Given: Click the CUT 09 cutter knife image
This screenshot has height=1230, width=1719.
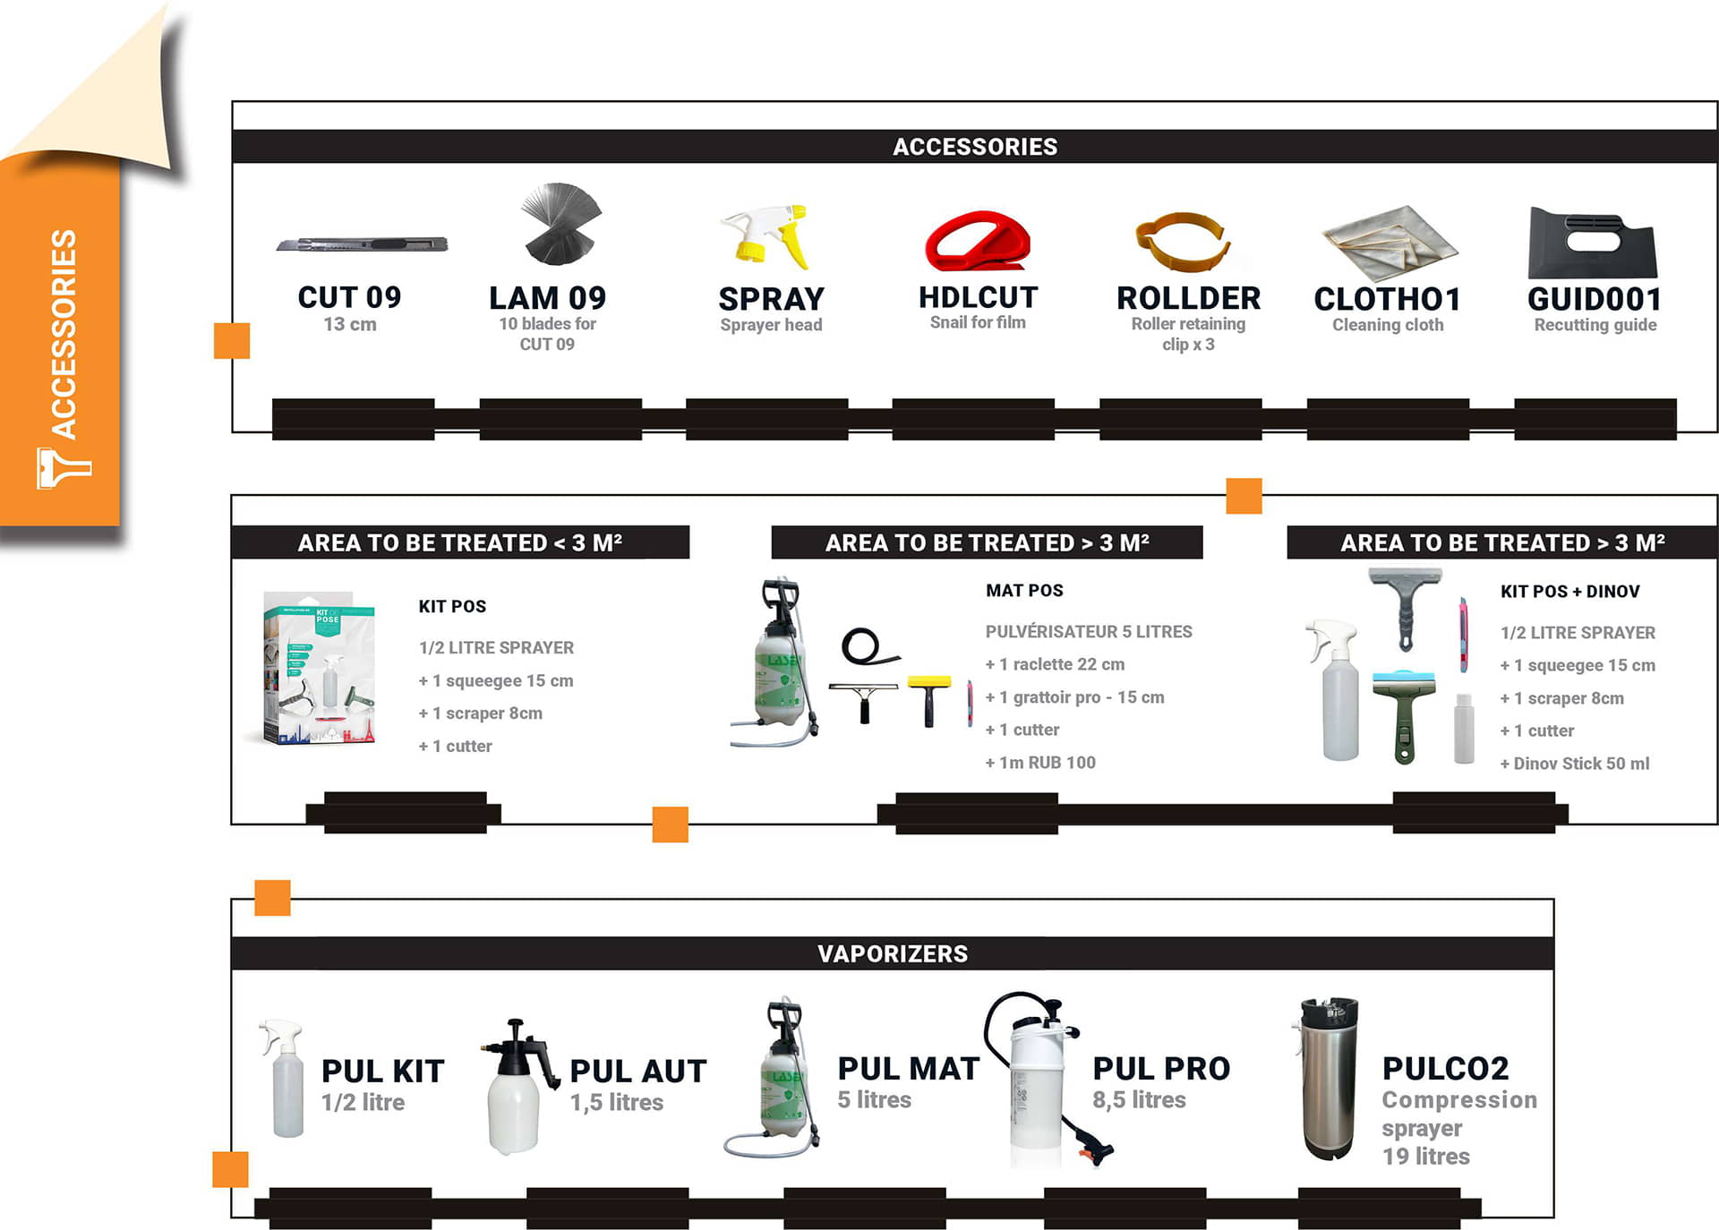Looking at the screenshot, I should point(362,243).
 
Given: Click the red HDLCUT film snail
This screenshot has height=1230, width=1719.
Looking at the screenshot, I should point(978,241).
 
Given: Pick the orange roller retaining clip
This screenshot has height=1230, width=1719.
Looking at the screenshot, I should point(1182,240).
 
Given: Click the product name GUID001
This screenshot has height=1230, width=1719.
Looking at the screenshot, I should point(1595,299).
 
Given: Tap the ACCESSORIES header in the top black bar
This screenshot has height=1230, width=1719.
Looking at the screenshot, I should point(975,147).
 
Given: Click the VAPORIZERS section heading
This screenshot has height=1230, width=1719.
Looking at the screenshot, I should point(893,953).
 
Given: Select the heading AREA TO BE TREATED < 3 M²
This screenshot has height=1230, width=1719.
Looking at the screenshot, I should point(459,542).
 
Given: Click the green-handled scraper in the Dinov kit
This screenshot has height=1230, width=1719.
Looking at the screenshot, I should point(1404,716).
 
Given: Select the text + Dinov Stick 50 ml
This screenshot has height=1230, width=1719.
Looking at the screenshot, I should point(1575,764).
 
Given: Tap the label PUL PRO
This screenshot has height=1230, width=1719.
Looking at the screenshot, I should point(1161,1068).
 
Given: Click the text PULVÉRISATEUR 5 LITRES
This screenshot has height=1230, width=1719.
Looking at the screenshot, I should point(1089,631).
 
